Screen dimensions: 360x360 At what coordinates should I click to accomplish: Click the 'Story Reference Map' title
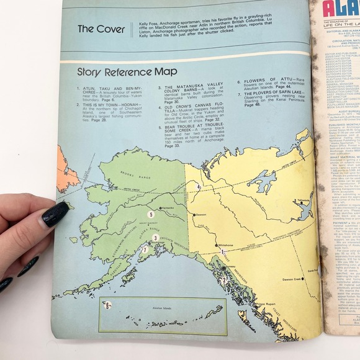click(127, 71)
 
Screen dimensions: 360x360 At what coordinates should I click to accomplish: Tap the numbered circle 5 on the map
click(150, 215)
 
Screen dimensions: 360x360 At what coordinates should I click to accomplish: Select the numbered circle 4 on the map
click(199, 186)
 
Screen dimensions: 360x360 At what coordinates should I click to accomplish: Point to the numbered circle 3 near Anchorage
click(155, 237)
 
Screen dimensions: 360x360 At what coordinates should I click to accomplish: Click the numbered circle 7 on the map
click(144, 250)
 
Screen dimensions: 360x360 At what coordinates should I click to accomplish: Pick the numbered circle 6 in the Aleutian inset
click(107, 305)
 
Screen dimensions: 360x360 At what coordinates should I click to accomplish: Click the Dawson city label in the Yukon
click(200, 215)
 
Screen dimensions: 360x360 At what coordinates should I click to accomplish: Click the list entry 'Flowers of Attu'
click(261, 81)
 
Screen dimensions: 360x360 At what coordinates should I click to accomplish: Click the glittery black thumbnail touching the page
click(55, 214)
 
